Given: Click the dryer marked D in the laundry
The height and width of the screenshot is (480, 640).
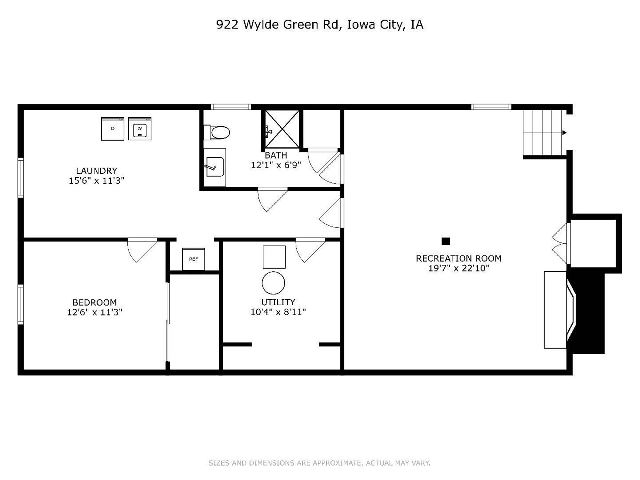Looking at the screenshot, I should tap(112, 128).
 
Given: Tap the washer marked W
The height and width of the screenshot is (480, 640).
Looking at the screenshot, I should tap(140, 128).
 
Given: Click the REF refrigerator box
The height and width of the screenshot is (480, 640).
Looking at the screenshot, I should tap(193, 259).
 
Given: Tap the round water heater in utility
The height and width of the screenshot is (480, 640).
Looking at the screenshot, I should tap(274, 283).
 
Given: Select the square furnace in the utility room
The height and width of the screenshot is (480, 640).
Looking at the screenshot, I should tap(274, 257).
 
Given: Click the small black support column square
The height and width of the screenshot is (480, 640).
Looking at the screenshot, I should tap(446, 241).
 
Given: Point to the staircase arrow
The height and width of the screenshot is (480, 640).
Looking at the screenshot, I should tap(564, 132).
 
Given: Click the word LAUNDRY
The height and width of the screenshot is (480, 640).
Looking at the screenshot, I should tap(96, 171).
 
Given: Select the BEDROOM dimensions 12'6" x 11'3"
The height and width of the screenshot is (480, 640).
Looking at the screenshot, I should tap(95, 312).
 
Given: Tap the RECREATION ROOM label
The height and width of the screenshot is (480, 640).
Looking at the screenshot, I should tap(459, 258).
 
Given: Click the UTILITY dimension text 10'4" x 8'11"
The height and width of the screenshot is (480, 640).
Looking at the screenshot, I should tap(278, 312).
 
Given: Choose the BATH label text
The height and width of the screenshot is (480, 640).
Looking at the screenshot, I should tap(276, 155).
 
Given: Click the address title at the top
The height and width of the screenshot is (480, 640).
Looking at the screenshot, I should tap(320, 25).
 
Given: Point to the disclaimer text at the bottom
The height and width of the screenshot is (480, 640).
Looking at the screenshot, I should tap(319, 463).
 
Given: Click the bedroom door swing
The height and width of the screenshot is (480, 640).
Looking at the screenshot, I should tap(141, 250).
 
